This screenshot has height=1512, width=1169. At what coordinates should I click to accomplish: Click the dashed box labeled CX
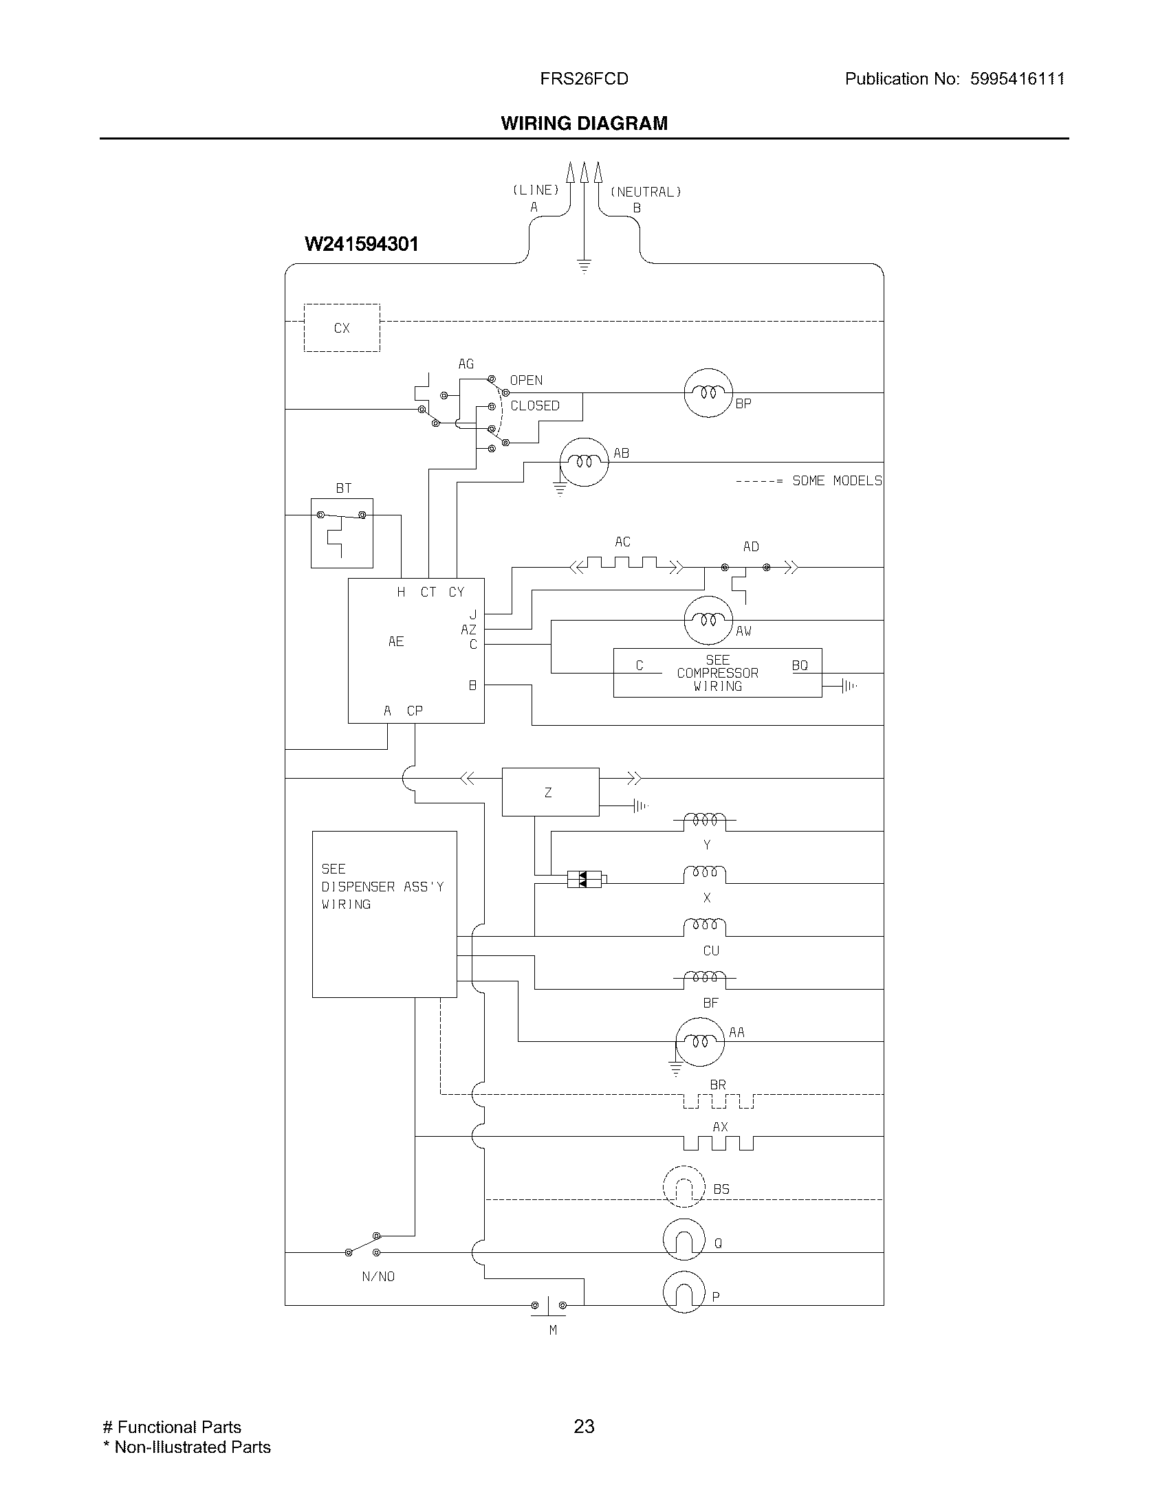point(342,327)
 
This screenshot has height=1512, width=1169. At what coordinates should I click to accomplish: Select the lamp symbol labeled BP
point(708,392)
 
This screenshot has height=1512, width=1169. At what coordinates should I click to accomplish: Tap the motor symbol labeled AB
point(584,462)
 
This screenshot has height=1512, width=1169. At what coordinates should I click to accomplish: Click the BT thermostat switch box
point(342,533)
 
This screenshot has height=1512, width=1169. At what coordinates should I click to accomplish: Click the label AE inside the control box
point(395,642)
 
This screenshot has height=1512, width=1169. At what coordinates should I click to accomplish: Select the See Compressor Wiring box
point(717,673)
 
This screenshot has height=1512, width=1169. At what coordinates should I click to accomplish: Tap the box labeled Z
point(550,792)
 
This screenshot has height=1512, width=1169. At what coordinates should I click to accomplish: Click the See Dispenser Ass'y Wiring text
point(382,886)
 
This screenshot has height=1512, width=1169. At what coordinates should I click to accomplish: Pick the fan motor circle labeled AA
point(699,1041)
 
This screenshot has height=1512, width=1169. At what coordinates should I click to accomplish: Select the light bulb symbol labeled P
point(684,1292)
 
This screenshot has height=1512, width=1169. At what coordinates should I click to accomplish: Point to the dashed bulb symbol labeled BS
point(684,1188)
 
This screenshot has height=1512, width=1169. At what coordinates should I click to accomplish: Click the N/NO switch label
point(378,1277)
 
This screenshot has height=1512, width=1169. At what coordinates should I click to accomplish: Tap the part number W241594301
point(362,245)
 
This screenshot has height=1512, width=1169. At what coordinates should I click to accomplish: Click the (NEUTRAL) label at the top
point(646,192)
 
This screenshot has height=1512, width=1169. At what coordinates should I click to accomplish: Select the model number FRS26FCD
point(584,79)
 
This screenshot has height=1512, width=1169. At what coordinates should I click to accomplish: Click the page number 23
point(584,1426)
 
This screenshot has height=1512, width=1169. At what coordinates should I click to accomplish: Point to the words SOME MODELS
point(837,480)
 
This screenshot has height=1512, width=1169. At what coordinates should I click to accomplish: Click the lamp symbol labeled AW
point(708,620)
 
